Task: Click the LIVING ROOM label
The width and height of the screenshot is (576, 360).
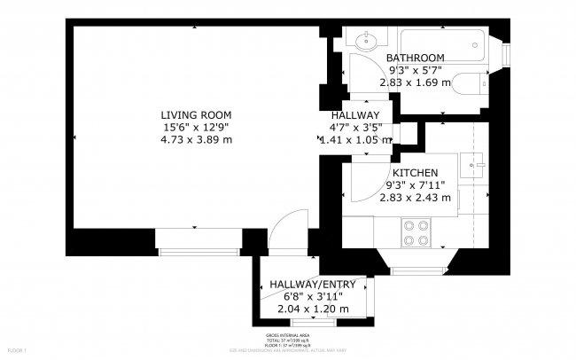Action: pos(196,114)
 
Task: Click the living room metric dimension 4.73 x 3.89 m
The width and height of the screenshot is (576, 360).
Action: pos(196,139)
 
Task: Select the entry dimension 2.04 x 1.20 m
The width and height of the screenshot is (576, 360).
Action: pos(313,309)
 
